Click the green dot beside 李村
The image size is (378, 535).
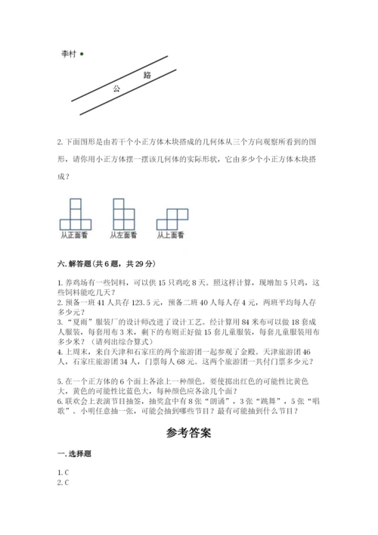click(80, 54)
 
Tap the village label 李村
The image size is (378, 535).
click(68, 54)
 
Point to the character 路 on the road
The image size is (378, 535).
click(146, 75)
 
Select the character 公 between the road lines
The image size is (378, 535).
click(116, 89)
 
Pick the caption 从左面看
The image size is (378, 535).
click(122, 235)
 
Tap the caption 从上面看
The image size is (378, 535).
click(171, 235)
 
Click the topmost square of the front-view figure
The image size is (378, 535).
click(76, 204)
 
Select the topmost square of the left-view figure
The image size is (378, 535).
click(118, 204)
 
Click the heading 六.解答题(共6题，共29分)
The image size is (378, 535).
click(107, 263)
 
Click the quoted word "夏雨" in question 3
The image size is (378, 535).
click(78, 320)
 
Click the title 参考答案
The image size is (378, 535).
click(189, 434)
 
